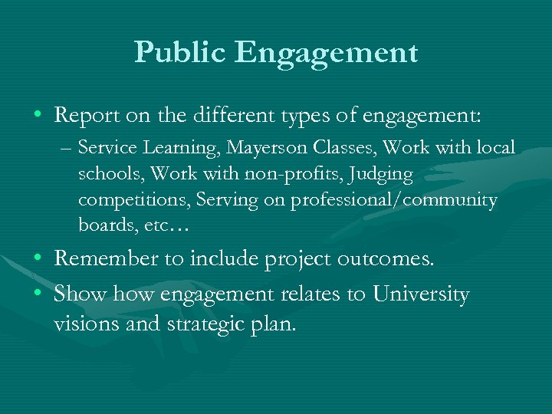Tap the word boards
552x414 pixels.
click(103, 226)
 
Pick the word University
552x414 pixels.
click(421, 294)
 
